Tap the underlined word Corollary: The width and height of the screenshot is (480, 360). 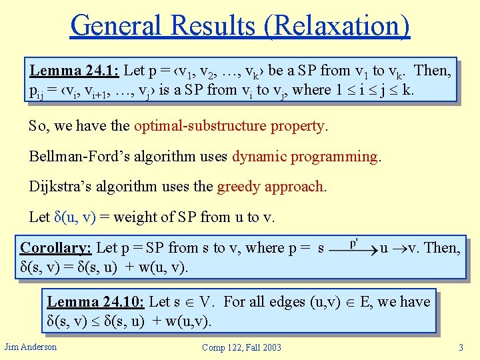pos(55,248)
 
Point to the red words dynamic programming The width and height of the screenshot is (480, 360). pos(305,156)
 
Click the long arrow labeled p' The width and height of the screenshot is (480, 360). pos(353,248)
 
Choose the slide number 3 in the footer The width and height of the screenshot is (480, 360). pos(461,347)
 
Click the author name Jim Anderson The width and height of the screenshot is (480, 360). pos(31,346)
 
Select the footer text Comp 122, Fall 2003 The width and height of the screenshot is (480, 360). pos(242,347)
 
